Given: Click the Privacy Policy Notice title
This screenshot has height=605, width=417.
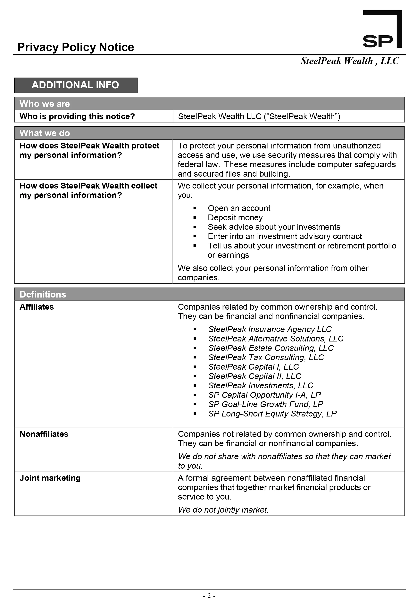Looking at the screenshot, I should click(76, 47).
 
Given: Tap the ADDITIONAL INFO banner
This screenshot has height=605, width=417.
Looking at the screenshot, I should click(76, 85).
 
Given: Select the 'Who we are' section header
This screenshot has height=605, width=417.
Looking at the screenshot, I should click(45, 104).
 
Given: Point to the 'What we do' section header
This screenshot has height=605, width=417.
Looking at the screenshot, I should click(45, 133).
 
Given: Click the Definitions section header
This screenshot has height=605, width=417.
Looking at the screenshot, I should click(43, 294).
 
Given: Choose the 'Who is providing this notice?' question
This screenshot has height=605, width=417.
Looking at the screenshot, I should click(77, 116).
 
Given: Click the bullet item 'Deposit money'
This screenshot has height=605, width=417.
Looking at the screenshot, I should click(235, 217).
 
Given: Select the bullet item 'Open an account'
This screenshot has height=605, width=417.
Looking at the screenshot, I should click(239, 208).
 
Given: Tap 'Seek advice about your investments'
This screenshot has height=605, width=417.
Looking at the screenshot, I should click(274, 227).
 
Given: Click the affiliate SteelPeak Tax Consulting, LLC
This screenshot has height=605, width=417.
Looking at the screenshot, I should click(266, 357).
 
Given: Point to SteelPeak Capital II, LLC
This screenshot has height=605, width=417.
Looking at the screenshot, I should click(255, 376).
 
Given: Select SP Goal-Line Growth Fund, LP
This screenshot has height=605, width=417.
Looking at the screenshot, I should click(266, 404).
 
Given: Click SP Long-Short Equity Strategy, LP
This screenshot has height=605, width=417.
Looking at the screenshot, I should click(272, 414).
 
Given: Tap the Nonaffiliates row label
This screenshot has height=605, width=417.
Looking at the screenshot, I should click(44, 434).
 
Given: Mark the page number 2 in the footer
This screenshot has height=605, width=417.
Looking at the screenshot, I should click(209, 596).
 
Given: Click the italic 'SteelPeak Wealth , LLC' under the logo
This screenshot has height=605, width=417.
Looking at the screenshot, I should click(350, 61).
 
